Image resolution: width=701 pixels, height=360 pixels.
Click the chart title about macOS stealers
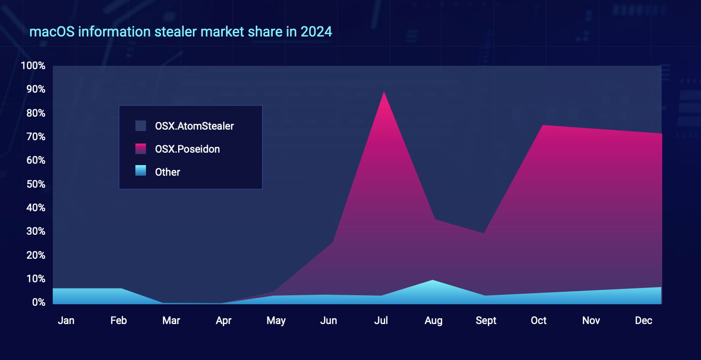(x=181, y=32)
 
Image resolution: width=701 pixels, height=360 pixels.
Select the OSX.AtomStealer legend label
(x=194, y=126)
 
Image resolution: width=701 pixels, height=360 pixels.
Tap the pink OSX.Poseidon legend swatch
(x=141, y=149)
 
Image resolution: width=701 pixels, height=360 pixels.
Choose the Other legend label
(x=168, y=172)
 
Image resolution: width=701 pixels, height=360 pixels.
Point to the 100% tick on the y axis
(x=33, y=66)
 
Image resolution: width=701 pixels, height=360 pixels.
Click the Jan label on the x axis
(x=66, y=321)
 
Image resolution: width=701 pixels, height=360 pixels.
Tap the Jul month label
(x=381, y=321)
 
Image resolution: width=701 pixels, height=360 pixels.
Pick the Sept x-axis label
(x=486, y=321)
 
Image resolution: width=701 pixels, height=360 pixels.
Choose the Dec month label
(x=643, y=321)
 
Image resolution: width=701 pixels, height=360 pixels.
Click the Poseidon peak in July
(x=383, y=92)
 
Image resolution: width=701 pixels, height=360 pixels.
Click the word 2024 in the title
(x=316, y=32)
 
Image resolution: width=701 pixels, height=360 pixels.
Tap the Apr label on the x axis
(x=224, y=321)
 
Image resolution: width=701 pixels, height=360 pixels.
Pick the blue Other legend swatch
(x=141, y=172)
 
